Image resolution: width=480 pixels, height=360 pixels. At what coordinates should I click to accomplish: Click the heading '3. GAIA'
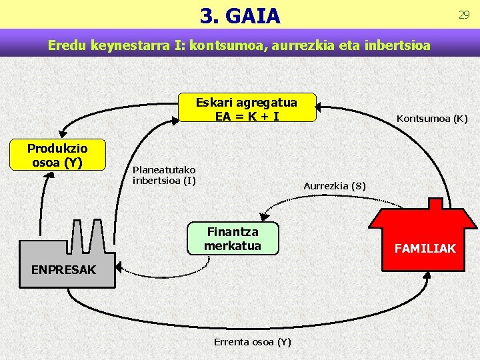(240, 15)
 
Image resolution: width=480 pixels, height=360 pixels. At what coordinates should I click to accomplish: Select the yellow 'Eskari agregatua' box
(247, 107)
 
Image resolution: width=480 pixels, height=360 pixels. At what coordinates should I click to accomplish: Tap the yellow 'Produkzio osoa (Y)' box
(57, 155)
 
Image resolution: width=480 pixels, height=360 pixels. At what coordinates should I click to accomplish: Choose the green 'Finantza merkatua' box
(233, 238)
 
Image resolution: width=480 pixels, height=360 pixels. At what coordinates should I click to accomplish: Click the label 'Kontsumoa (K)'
(432, 119)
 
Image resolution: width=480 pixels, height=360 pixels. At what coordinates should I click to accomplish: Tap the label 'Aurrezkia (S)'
(334, 186)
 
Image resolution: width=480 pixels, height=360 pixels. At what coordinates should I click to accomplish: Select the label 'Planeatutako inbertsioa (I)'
(164, 175)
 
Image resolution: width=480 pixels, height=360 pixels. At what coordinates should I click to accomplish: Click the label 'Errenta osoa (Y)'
(252, 342)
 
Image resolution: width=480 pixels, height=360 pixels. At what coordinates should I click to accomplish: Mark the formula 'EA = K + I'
(247, 115)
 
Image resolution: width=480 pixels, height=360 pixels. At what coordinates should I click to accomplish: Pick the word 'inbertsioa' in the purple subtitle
(396, 46)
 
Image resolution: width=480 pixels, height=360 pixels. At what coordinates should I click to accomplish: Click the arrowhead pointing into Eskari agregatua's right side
(320, 106)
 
